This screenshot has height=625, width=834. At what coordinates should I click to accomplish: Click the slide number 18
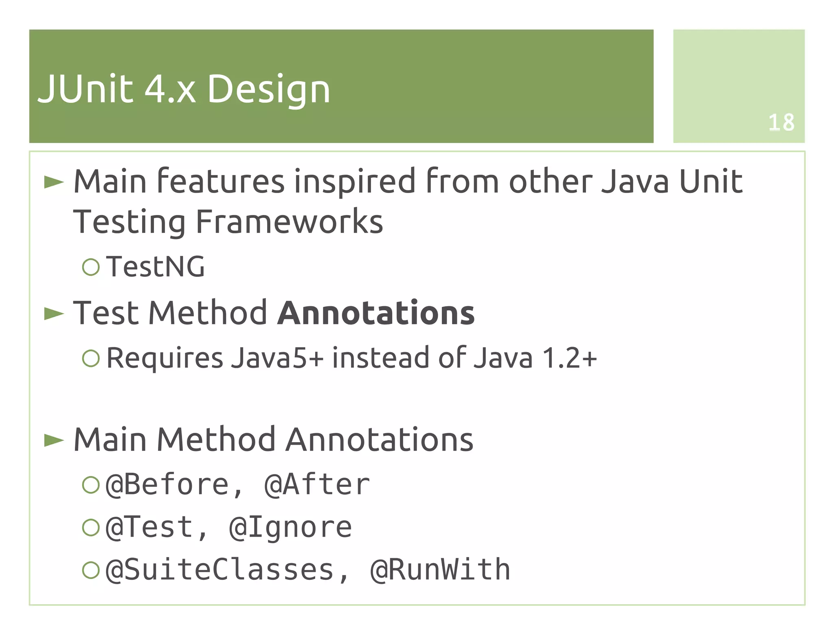coord(781,122)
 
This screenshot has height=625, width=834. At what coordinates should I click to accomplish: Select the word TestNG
coord(155,267)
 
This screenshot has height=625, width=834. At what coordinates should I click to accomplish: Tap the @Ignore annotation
coord(290,528)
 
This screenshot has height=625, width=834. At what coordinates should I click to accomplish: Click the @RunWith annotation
coord(440,570)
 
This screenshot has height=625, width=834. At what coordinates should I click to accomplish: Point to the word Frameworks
coord(289,222)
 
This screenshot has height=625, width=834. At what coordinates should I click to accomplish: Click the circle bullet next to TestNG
coord(90,267)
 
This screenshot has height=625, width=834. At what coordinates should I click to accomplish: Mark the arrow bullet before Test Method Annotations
coord(54,314)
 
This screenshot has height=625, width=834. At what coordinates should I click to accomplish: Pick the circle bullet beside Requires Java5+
coord(90,358)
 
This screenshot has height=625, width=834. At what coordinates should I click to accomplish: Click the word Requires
coord(165,358)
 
